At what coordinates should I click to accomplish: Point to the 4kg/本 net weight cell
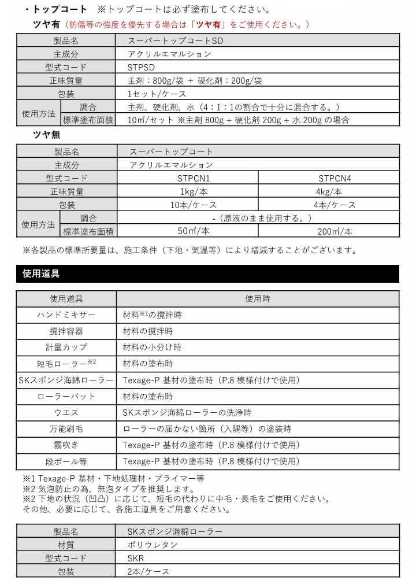[x=329, y=192]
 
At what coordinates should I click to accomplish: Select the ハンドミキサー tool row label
[x=66, y=315]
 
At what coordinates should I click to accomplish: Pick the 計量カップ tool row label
[x=66, y=348]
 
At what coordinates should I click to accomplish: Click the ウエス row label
[x=66, y=413]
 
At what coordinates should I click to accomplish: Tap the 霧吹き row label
[x=66, y=445]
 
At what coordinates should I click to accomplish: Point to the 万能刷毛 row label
[x=66, y=429]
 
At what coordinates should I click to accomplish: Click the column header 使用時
[x=257, y=299]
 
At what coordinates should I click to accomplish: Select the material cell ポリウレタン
[x=154, y=545]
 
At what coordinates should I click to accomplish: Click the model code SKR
[x=136, y=558]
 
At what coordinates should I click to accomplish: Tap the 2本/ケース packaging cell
[x=149, y=571]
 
